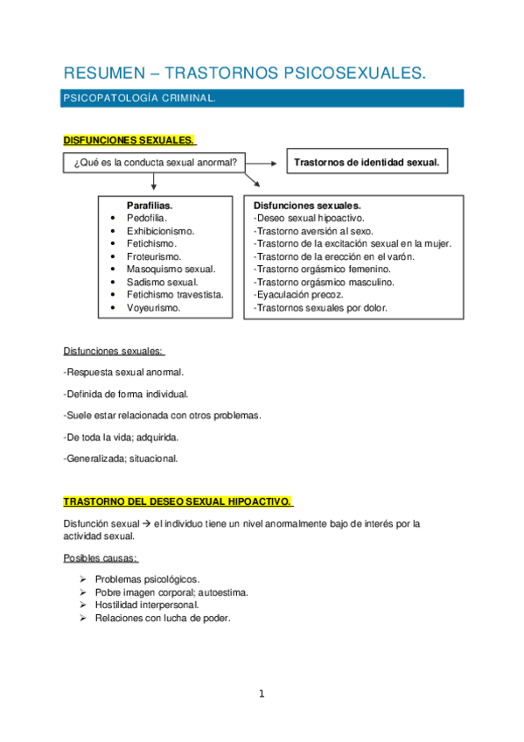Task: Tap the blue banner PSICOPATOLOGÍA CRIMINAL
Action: tap(139, 100)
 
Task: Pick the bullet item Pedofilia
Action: tap(147, 217)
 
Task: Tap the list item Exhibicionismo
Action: tap(160, 230)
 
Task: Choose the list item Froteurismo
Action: tap(154, 256)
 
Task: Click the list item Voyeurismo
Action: tap(153, 308)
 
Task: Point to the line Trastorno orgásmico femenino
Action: tap(322, 269)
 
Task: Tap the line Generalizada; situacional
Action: tap(121, 458)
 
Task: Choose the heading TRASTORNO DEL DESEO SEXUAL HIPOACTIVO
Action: tap(178, 501)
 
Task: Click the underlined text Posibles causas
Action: tap(101, 557)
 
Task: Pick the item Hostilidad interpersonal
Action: tap(147, 605)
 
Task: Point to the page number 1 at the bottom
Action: tap(261, 695)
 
